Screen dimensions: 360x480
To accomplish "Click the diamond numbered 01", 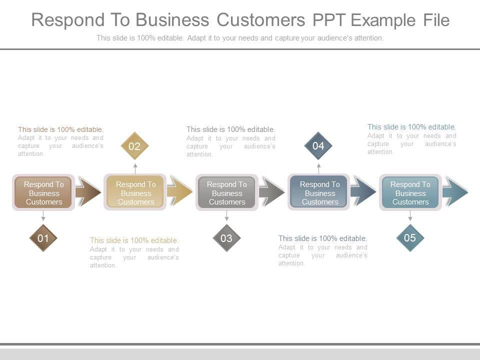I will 43,238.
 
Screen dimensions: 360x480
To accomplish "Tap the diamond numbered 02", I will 134,146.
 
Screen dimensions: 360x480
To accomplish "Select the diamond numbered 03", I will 226,238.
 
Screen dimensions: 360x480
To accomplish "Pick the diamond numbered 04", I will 318,146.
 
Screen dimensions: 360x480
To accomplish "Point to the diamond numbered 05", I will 410,238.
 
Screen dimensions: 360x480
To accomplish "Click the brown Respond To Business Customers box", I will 43,192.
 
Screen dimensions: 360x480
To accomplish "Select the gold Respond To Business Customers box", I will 135,192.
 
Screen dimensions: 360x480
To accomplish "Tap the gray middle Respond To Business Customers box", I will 227,192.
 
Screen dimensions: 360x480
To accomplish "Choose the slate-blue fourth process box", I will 319,192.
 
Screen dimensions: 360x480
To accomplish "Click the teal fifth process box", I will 410,192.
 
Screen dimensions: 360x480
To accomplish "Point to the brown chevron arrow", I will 88,192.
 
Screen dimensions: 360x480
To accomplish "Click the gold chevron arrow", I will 180,192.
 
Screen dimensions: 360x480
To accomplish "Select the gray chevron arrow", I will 272,192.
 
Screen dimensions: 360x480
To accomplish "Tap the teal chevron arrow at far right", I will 455,192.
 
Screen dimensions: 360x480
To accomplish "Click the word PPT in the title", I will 328,20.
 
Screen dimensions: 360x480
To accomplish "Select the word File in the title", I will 436,20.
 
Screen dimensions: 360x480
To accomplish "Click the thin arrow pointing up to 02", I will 135,167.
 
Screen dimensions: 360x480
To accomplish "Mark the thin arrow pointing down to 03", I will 227,216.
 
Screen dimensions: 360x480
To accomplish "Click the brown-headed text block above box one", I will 60,141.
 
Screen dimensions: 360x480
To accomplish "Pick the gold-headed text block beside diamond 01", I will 134,252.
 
